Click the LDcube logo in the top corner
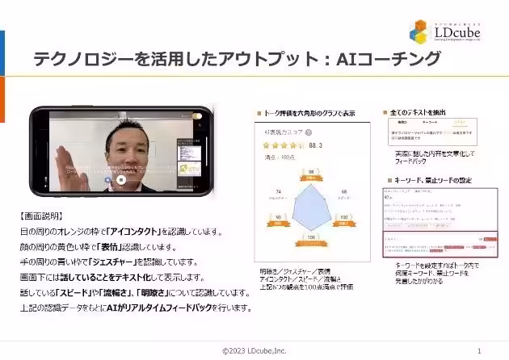448,31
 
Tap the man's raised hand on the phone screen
61,157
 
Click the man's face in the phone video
115,146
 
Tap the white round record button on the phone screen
120,180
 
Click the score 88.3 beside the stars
317,145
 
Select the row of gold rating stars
281,145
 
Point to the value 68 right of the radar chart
345,191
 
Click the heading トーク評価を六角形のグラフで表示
308,113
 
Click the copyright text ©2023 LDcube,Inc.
254,350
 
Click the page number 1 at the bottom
480,350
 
